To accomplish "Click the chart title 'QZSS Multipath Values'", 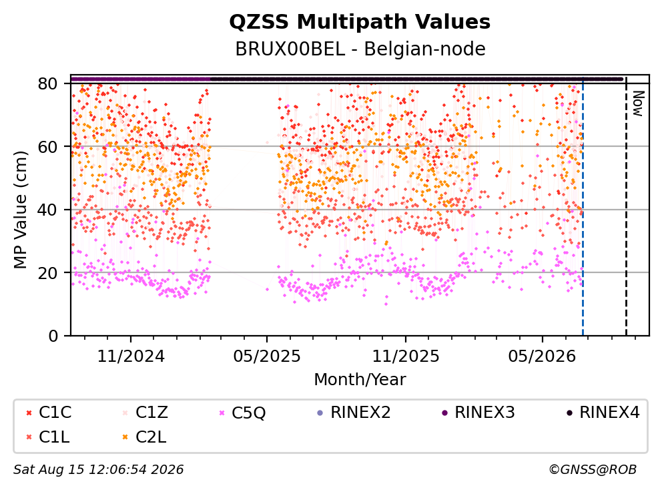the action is (360, 22).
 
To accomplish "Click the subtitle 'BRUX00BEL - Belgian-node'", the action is (360, 49).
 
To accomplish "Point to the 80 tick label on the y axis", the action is (47, 83).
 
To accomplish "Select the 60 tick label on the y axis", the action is (47, 147).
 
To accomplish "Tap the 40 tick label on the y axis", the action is (47, 210).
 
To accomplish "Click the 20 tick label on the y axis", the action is (47, 272).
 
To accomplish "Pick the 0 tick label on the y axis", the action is (53, 336).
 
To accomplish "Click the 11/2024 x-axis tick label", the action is (131, 356).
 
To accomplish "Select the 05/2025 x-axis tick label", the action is (267, 356).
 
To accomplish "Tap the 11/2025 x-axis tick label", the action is (406, 356).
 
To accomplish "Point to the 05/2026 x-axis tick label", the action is (542, 356).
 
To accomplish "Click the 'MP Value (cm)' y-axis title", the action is (20, 210).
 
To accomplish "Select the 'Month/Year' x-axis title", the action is (360, 379).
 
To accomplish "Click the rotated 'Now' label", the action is (637, 103).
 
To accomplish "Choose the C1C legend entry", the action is (49, 413).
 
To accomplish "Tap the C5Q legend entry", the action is (242, 413).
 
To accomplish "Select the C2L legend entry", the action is (144, 437).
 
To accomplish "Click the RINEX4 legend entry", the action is (603, 413).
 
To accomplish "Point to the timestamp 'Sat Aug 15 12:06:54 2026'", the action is (98, 469).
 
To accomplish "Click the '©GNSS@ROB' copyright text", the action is (593, 469).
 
